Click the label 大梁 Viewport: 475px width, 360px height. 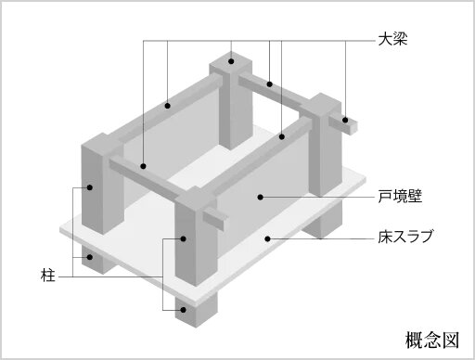pos(392,40)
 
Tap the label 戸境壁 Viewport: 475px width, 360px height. pos(400,196)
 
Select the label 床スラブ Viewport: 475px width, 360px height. pos(405,237)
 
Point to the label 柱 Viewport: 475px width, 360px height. pos(48,276)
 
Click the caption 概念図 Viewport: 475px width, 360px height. pos(432,341)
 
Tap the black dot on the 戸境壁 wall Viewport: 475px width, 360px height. pos(261,197)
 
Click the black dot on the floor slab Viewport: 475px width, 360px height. pos(268,238)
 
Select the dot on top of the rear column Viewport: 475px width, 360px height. pos(231,61)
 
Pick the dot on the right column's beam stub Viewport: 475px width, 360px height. pos(345,120)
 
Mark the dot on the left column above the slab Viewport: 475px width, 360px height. pos(90,187)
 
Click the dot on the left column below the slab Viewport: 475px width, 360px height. pos(90,257)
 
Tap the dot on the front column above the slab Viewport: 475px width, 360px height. pos(184,238)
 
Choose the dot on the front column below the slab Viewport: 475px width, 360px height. pos(184,310)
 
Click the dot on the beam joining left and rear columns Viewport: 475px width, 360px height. pos(168,106)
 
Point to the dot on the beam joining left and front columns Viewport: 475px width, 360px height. pos(143,166)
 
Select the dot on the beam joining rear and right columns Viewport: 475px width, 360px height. pos(270,84)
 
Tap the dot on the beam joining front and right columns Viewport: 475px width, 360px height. pos(281,136)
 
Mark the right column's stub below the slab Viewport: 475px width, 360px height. pos(323,219)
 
